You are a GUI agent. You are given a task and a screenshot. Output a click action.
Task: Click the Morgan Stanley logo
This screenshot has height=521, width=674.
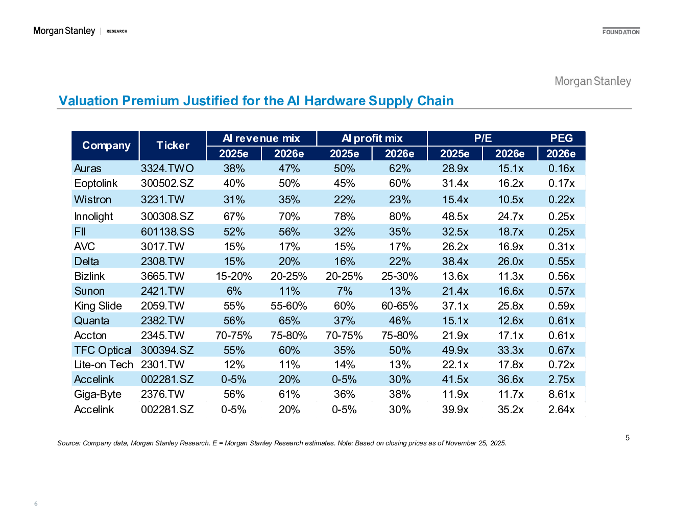tap(593, 81)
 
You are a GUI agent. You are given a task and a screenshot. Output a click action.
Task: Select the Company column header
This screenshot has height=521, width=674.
tap(106, 146)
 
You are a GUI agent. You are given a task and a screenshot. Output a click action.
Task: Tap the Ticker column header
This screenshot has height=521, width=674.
tap(173, 146)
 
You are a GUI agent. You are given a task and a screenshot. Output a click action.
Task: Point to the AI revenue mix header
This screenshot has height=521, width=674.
tap(261, 138)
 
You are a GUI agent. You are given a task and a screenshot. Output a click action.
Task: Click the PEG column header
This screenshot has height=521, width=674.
tap(561, 138)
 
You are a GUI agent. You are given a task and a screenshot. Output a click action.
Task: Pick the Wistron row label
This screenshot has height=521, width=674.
tap(92, 200)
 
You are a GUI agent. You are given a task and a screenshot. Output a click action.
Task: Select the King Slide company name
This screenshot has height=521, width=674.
tap(98, 306)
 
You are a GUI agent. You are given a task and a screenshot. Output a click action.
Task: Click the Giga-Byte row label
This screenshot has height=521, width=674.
tap(98, 394)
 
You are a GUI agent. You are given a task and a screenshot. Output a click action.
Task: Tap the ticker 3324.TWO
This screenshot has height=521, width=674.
tap(167, 169)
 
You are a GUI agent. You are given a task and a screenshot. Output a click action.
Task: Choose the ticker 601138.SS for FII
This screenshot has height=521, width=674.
tap(167, 232)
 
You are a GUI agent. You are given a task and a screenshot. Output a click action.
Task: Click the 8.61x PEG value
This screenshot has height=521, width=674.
tap(561, 394)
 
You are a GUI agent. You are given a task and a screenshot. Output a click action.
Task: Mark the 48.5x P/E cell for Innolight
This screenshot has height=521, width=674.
tap(455, 217)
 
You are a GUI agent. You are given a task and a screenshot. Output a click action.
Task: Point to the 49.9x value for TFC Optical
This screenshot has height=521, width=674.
tap(455, 350)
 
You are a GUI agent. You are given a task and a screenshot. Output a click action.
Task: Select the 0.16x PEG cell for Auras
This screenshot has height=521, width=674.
tap(561, 169)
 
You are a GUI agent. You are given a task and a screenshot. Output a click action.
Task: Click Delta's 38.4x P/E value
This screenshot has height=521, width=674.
tap(455, 262)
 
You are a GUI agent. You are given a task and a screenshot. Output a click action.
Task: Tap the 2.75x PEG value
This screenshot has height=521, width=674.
tap(561, 380)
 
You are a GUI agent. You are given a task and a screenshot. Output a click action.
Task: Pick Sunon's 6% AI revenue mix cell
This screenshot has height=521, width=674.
tap(234, 291)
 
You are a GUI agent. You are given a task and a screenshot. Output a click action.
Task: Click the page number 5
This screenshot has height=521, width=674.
tap(628, 438)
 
